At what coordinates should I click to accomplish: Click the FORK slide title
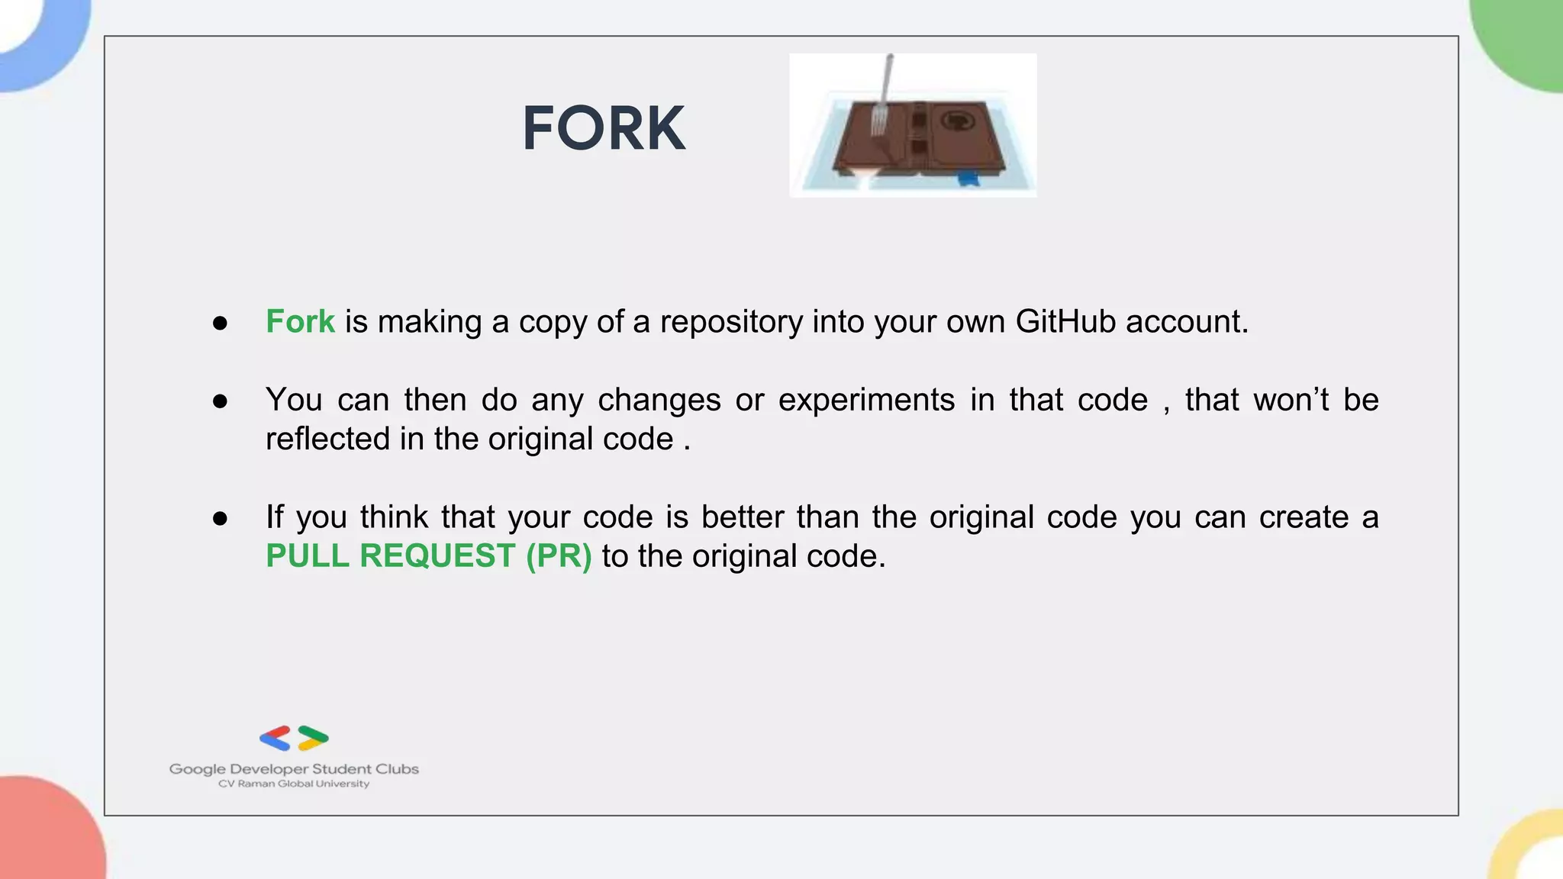[x=604, y=129]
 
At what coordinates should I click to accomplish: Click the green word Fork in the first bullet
[x=300, y=322]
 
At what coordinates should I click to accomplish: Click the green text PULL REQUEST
[x=390, y=556]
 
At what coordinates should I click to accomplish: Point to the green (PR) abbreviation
[x=559, y=556]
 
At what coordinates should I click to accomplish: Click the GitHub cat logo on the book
[x=956, y=121]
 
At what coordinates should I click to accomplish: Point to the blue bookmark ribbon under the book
[x=968, y=179]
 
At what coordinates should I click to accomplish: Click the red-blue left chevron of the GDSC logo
[x=276, y=738]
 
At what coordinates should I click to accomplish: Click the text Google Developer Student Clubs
[x=294, y=769]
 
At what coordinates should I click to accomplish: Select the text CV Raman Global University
[x=294, y=784]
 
